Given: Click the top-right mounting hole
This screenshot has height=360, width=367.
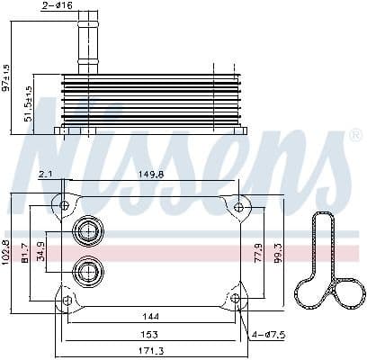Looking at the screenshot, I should [x=237, y=208].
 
